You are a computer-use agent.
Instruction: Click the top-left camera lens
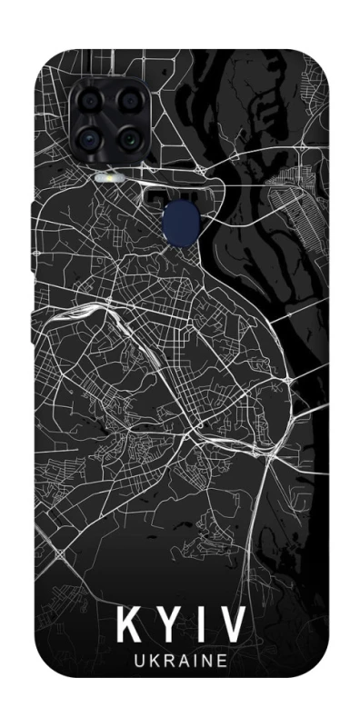tap(90, 102)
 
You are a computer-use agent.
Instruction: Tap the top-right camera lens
tap(129, 102)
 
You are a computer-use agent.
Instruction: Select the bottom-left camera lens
tap(90, 140)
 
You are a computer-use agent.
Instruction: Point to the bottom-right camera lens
tap(129, 140)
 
